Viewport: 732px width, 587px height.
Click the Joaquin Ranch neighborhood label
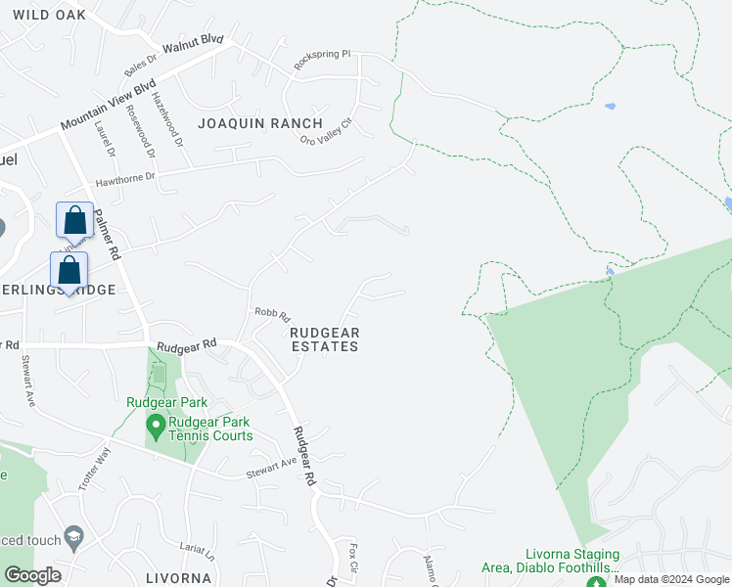[259, 123]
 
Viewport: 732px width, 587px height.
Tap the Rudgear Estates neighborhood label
[325, 339]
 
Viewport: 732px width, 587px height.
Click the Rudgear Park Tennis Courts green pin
[155, 427]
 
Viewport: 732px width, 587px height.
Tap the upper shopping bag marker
[75, 221]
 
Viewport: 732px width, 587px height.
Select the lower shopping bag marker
[69, 271]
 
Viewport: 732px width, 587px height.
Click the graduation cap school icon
[72, 538]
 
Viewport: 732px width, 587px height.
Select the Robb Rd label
[273, 315]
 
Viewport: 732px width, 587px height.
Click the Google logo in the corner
[32, 575]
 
